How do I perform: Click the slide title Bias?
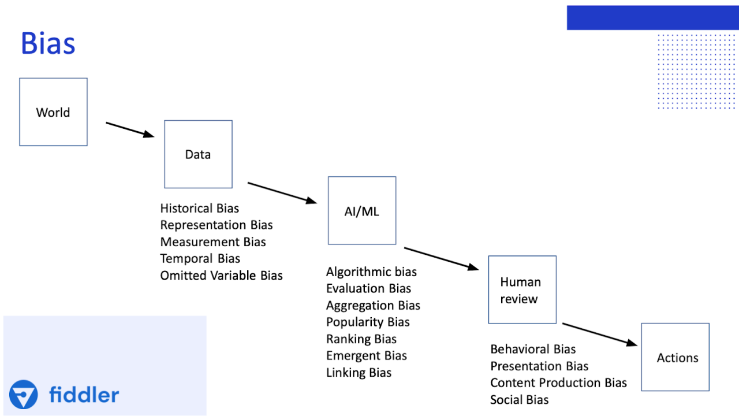click(48, 44)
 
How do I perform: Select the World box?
click(53, 112)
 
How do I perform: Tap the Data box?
click(198, 154)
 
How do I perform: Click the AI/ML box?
click(362, 211)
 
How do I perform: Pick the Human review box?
click(522, 290)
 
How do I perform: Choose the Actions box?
click(675, 357)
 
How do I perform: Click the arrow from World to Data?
click(130, 129)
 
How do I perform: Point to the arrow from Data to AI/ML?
click(282, 192)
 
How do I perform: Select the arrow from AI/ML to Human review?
click(441, 258)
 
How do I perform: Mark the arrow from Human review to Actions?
click(600, 334)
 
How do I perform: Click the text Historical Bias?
click(199, 209)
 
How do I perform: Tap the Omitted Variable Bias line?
click(221, 276)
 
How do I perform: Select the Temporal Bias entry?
click(200, 259)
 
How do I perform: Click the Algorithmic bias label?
click(371, 272)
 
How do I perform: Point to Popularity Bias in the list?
click(368, 322)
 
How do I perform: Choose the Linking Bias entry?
click(359, 373)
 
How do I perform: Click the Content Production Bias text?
click(558, 383)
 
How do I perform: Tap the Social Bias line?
click(519, 400)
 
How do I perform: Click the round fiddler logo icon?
click(24, 395)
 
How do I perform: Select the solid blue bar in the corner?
click(652, 18)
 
